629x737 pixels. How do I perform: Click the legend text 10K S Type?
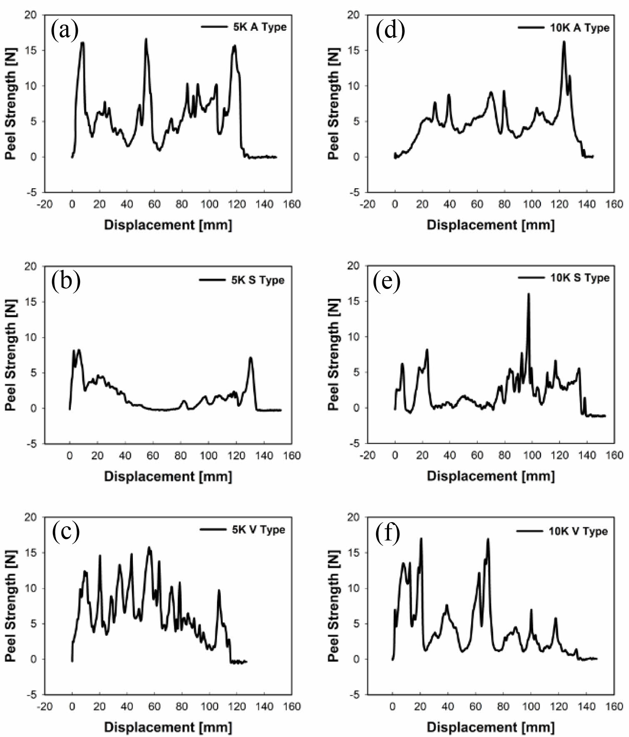(x=580, y=278)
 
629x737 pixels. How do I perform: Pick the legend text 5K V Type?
(x=258, y=530)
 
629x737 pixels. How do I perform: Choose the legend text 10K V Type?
(x=578, y=531)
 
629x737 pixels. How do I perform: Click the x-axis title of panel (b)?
(x=168, y=476)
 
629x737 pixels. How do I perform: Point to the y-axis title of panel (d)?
(x=333, y=103)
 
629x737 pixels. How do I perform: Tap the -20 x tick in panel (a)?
(x=45, y=204)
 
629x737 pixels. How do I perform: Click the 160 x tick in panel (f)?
(x=614, y=706)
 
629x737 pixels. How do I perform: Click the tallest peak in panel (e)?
(x=529, y=294)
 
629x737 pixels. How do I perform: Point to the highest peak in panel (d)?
(x=564, y=42)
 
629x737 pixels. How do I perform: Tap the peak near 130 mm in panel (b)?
(x=250, y=358)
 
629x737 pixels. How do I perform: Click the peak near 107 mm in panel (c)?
(x=219, y=590)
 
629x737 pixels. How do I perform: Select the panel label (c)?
(x=65, y=533)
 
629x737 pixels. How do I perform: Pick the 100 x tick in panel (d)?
(x=532, y=204)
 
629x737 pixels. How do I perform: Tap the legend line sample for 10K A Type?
(x=532, y=27)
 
